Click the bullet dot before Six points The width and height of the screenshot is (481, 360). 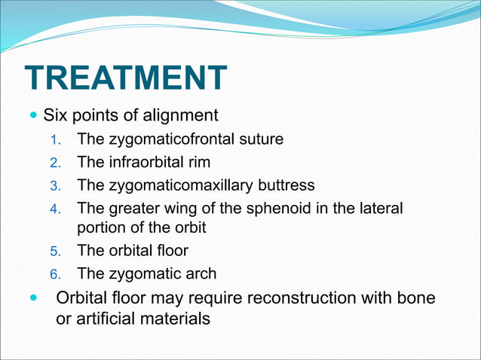coord(32,117)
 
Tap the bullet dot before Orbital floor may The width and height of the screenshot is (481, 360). coord(32,297)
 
